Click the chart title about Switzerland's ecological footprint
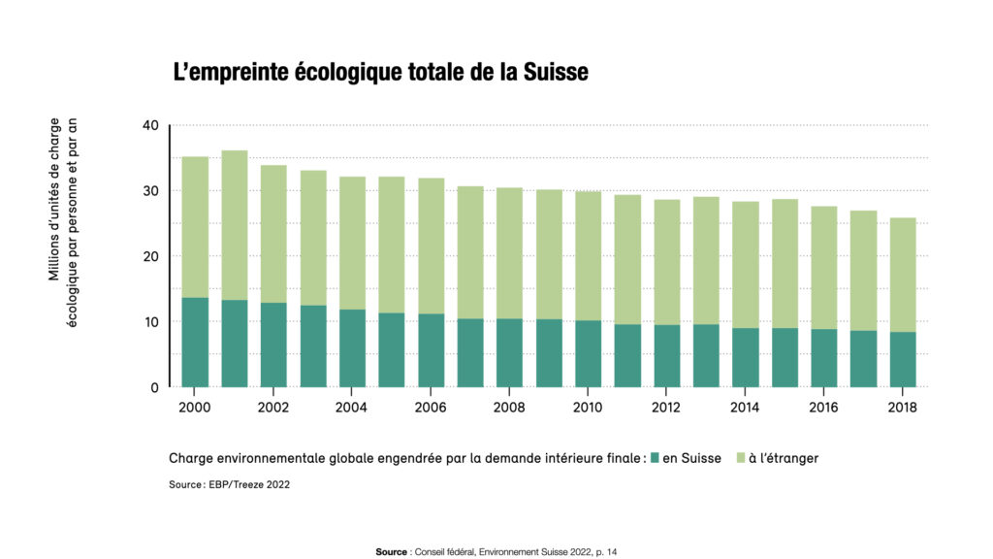tap(380, 73)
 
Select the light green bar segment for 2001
tap(235, 225)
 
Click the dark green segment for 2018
tap(903, 359)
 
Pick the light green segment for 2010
tap(589, 256)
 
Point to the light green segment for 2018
tap(903, 275)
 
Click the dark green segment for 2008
tap(510, 352)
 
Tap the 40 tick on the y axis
tap(150, 125)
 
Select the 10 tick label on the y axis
tap(150, 322)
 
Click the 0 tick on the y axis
tap(155, 387)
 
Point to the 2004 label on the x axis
tap(352, 409)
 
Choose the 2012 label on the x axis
tap(667, 409)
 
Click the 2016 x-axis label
tap(824, 409)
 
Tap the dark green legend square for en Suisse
tap(656, 458)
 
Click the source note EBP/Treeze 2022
tap(229, 484)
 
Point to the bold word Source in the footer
tap(392, 551)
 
